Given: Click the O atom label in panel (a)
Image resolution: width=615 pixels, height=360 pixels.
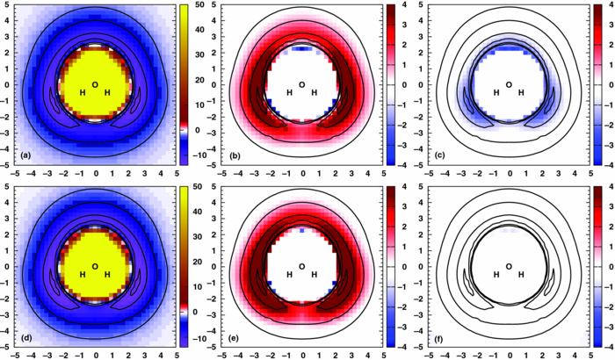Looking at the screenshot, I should (x=95, y=85).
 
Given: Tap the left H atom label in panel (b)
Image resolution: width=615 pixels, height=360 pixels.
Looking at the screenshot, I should (x=289, y=93).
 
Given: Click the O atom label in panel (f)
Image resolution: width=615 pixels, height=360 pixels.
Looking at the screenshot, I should (x=509, y=267).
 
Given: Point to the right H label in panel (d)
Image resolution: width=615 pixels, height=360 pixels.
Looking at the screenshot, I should (x=108, y=275).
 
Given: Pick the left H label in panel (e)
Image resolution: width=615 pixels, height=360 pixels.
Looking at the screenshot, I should (x=289, y=275).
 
